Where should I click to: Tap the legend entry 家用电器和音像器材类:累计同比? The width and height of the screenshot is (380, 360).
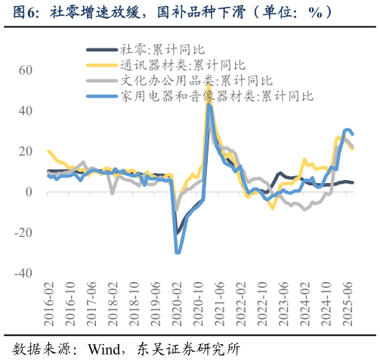pos(217,96)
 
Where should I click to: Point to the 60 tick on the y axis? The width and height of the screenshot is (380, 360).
pos(25,70)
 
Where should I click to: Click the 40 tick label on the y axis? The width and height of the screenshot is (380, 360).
pos(25,110)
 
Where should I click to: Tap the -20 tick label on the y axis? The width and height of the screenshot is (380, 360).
pos(22,232)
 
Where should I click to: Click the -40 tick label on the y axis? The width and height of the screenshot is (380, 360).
pos(22,273)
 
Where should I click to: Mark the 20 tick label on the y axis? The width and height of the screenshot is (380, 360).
pos(25,151)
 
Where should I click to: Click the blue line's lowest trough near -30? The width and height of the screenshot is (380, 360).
pos(178,253)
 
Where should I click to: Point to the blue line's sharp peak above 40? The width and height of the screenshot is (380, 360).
pos(209,105)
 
